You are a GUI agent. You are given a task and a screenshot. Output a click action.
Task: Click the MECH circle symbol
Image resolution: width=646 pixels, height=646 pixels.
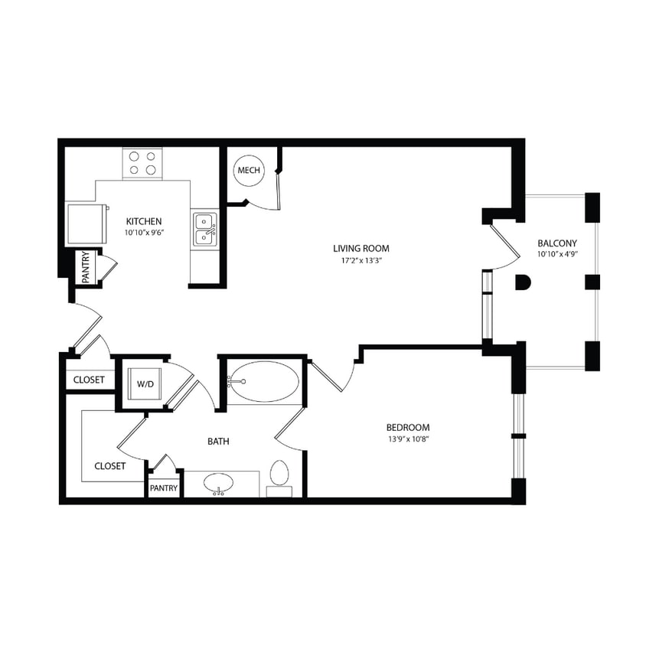point(249,170)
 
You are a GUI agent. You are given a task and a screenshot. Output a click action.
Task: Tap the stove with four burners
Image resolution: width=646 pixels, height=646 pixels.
point(143,163)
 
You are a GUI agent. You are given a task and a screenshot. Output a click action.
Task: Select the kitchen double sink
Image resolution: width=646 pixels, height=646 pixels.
point(204,229)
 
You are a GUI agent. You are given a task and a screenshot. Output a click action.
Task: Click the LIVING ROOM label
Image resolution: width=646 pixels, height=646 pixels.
point(361,248)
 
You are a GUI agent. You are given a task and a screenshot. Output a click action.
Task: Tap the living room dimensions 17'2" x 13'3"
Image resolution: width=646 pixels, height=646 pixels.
point(361,261)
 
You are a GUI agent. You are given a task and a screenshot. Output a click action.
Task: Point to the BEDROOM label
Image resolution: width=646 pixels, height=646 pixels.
point(407,427)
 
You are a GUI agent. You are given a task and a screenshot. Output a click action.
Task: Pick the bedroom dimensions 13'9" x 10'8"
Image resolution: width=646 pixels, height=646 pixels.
point(407,439)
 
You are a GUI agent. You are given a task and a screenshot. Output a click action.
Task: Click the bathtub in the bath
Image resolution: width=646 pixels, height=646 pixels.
point(263,382)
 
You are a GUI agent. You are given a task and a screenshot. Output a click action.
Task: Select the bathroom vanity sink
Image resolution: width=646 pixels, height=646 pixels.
point(220,484)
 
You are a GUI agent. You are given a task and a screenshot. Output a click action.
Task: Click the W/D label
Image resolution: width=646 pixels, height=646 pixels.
point(145,383)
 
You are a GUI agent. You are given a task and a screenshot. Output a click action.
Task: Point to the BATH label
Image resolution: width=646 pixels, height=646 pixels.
point(219,441)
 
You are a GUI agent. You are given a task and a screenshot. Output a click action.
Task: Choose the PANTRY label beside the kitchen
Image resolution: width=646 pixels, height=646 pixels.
point(86,268)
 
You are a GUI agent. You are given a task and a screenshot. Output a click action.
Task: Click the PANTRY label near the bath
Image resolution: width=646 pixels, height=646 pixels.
point(164,488)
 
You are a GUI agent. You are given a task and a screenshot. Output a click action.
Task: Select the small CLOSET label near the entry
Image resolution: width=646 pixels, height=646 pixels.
point(89,380)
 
